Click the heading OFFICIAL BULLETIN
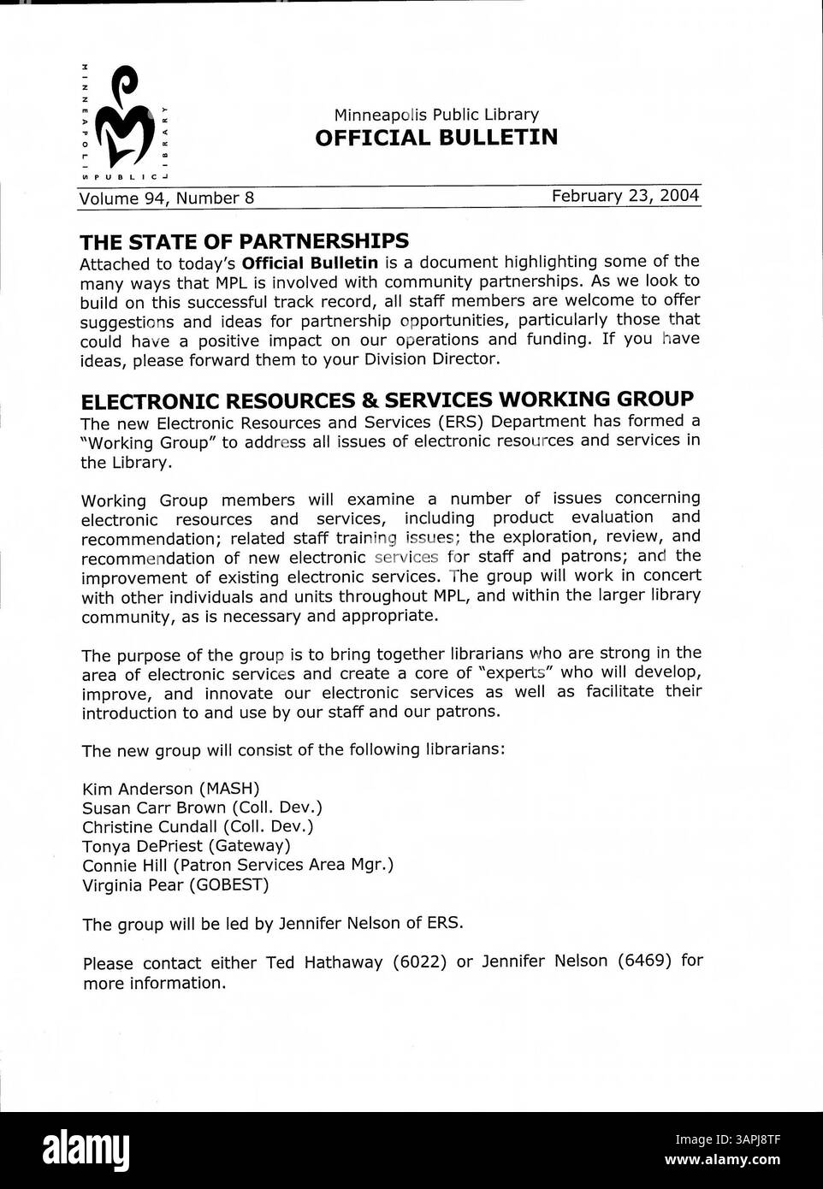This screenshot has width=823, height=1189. pos(436,138)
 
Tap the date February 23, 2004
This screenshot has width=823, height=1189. pos(625,196)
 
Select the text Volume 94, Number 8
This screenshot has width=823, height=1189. pos(167,198)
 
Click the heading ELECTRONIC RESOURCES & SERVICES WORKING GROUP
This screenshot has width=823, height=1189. pos(387,399)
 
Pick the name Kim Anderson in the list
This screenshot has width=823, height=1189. pos(137,788)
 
